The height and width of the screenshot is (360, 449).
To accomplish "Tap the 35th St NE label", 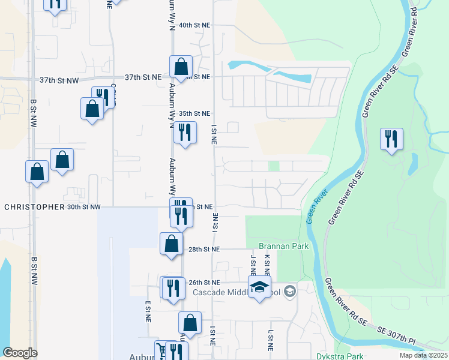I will [194, 113].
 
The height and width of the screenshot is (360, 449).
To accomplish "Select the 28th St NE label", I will [204, 249].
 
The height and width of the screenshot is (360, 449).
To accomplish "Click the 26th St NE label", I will [204, 282].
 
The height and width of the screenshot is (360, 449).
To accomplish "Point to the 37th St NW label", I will [59, 80].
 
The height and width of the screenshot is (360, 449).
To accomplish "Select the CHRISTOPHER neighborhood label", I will [34, 207].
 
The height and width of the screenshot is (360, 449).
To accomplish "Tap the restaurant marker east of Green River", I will [391, 139].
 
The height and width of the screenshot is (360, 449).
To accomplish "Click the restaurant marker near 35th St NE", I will [185, 133].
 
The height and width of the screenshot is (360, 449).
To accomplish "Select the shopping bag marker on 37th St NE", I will [181, 67].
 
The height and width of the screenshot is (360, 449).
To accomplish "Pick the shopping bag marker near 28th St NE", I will [171, 244].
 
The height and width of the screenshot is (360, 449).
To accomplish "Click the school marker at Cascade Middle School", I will [259, 287].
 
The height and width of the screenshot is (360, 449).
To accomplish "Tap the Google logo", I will [20, 353].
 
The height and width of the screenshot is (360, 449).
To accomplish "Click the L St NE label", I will [271, 340].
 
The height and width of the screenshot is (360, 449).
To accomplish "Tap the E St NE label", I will [148, 311].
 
